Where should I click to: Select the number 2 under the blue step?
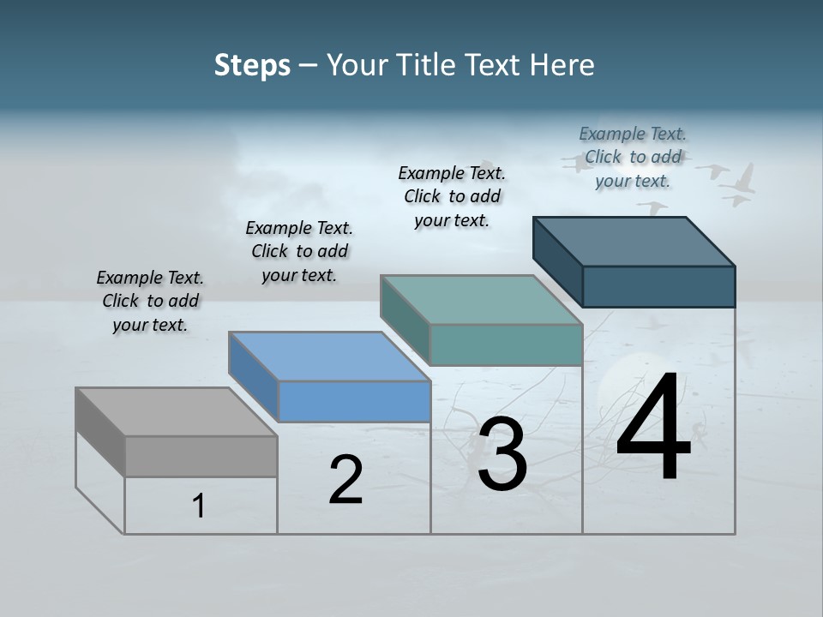345,479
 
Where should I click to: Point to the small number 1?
198,506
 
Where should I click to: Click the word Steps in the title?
252,65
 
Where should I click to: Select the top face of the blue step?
329,356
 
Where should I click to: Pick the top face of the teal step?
481,300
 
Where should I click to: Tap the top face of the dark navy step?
634,241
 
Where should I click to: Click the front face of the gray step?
201,456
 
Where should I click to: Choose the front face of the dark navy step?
658,286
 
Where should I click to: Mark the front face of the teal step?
506,344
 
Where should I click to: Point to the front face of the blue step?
354,401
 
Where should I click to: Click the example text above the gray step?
150,301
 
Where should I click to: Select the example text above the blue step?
299,251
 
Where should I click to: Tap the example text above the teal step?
452,196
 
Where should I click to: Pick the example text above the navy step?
633,157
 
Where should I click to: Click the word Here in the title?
562,65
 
